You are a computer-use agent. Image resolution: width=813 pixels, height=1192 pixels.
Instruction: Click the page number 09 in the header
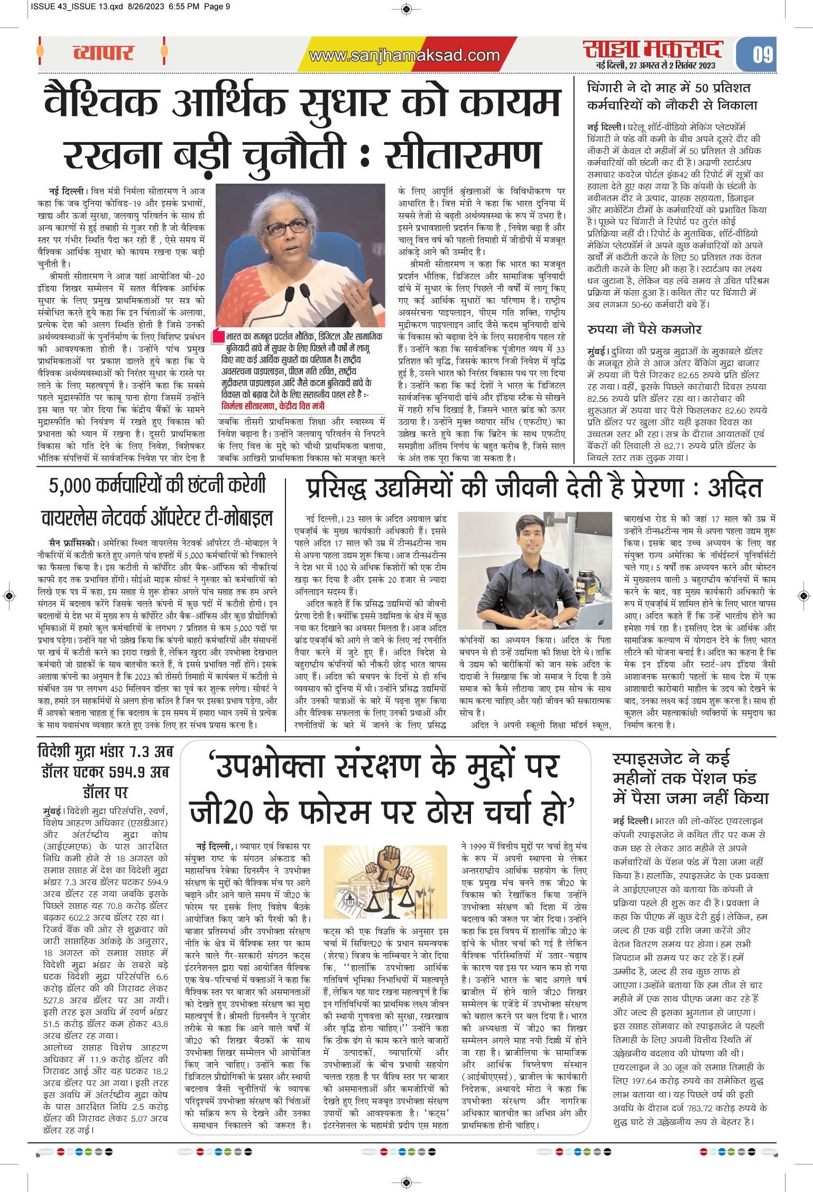point(762,54)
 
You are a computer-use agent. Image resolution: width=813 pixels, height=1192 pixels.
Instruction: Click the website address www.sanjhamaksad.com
point(404,56)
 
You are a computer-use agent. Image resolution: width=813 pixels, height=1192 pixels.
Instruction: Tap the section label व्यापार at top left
point(103,52)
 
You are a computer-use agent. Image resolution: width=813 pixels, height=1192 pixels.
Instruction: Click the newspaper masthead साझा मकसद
point(653,50)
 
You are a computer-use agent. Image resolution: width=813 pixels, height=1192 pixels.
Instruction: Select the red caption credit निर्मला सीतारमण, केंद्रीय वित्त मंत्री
point(273,406)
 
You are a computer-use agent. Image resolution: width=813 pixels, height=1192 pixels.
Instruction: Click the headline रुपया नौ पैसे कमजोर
point(644,330)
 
